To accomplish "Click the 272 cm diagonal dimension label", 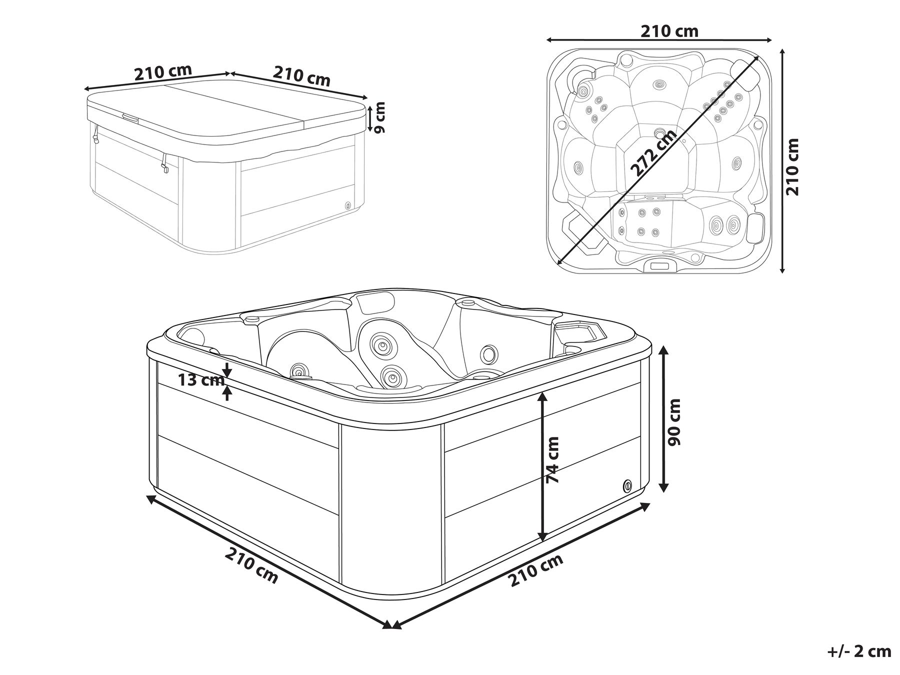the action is (x=653, y=153).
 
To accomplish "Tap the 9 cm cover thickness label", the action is (x=380, y=117).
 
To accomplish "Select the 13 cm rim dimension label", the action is (x=201, y=380).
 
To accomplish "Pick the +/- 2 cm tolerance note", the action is (x=858, y=651).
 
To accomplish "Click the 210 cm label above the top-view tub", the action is (x=669, y=31).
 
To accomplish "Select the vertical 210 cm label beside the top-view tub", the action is (x=793, y=167).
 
